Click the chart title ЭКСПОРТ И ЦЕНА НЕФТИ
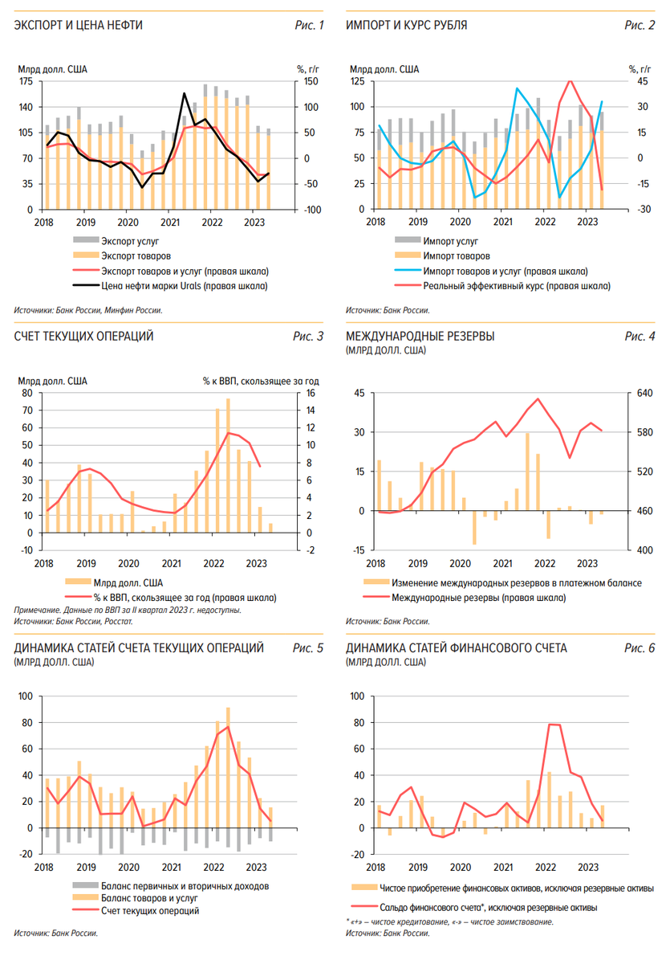(x=79, y=26)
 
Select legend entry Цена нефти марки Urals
(x=185, y=285)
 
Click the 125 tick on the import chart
(x=357, y=81)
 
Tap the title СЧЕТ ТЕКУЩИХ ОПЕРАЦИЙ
(x=83, y=336)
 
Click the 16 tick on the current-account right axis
(x=310, y=393)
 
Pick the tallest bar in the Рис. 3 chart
(x=228, y=465)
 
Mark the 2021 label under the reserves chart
(x=502, y=563)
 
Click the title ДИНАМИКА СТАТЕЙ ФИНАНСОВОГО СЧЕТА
(x=456, y=647)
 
